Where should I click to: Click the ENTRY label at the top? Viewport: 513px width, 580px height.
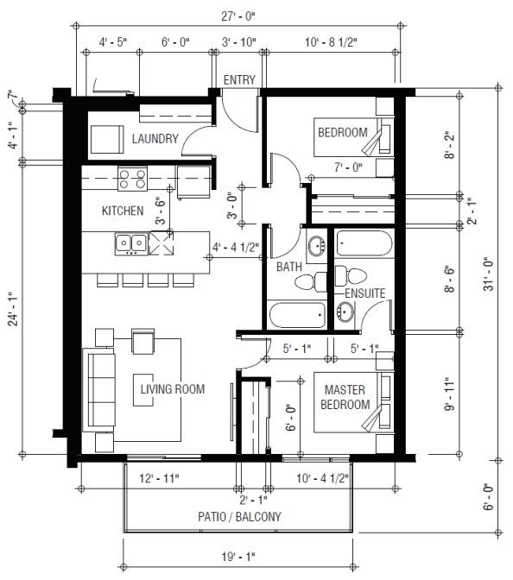point(239,80)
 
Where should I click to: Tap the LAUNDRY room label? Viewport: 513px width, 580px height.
point(155,139)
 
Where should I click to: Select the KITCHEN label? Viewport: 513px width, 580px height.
point(123,211)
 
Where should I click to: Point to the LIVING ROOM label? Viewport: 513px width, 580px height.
point(173,389)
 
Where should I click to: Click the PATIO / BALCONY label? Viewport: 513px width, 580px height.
point(239,516)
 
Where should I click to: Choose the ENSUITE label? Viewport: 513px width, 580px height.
point(365,293)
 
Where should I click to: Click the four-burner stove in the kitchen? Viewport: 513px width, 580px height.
point(132,179)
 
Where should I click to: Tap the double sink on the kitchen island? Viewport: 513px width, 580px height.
point(131,243)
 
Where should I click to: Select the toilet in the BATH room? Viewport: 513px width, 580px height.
point(311,282)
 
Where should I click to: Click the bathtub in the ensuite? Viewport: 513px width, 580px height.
point(364,243)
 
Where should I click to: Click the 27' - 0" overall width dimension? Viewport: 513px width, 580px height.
point(238,16)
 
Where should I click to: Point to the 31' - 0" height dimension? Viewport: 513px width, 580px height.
point(489,274)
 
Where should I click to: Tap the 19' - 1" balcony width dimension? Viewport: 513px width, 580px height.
point(238,557)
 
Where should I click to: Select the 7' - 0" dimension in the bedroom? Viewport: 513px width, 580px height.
point(348,167)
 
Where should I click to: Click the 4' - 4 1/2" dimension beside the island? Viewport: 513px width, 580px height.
point(236,247)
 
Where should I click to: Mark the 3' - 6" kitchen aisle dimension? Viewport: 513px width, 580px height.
point(160,211)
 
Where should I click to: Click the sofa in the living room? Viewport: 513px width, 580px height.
point(98,390)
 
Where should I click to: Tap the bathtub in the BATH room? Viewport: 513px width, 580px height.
point(297,315)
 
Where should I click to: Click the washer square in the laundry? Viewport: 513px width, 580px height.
point(107,139)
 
